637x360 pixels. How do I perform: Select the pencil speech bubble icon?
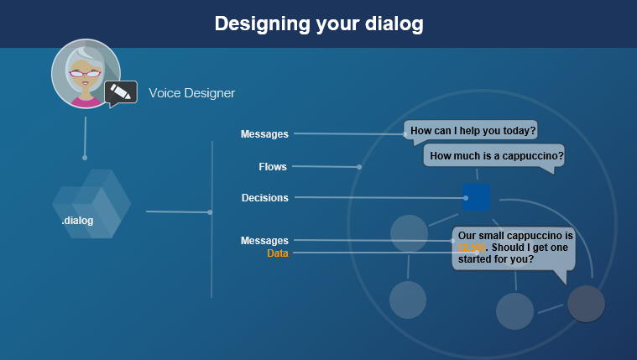[x=121, y=92]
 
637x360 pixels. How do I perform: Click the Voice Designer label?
[x=191, y=93]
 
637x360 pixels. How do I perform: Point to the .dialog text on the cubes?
[x=77, y=221]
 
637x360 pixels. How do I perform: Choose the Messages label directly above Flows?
[x=264, y=134]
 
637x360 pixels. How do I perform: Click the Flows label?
[x=273, y=167]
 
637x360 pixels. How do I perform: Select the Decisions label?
[x=264, y=198]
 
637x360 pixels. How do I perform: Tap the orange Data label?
[x=278, y=253]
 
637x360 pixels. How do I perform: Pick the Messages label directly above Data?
[x=264, y=241]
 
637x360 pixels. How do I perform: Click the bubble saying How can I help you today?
[x=473, y=131]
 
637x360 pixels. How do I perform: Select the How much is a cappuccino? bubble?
[x=496, y=156]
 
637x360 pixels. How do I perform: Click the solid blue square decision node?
[x=476, y=198]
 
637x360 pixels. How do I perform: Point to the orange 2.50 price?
[x=472, y=248]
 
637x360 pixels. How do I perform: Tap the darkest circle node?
[x=586, y=304]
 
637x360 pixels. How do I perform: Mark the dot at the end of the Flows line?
[x=359, y=167]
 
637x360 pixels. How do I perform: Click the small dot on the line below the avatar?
[x=85, y=157]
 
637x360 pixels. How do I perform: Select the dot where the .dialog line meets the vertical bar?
[x=210, y=212]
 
